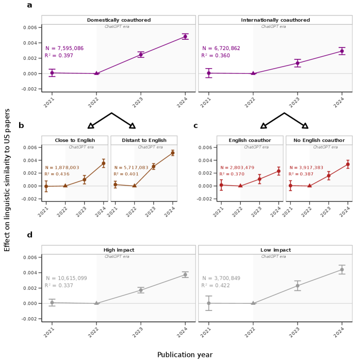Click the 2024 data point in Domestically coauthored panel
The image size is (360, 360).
pos(185,36)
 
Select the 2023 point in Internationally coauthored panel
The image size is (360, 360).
pos(298,63)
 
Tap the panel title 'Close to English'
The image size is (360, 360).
pos(75,140)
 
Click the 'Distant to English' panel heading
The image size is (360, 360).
pos(144,140)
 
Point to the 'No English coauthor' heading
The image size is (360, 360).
pos(319,140)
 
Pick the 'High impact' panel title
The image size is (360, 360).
pos(119,250)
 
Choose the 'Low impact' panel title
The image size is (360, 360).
pos(275,250)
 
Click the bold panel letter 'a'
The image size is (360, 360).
pos(29,5)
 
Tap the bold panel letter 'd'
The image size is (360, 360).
pos(29,235)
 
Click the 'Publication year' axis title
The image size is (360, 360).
pos(185,354)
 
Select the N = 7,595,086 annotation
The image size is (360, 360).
pos(64,48)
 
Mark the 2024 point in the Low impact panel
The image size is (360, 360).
pos(342,270)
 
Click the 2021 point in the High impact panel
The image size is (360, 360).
pos(52,303)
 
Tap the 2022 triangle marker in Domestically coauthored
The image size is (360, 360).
pos(96,73)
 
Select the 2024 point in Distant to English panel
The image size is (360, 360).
pos(173,153)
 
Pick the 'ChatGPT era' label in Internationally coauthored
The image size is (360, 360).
pos(273,27)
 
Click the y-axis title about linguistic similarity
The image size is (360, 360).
pos(7,181)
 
